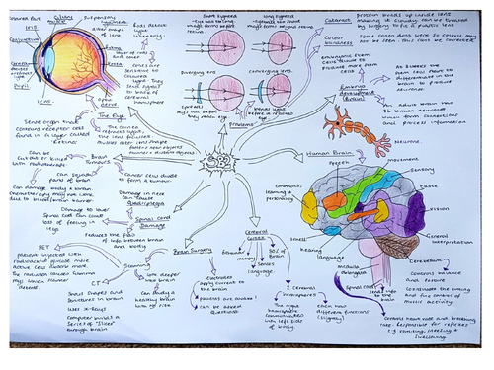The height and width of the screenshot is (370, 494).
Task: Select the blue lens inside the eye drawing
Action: (47, 64)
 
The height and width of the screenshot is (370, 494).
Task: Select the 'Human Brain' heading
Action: (331, 152)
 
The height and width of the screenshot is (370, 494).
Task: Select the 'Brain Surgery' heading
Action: (195, 252)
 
